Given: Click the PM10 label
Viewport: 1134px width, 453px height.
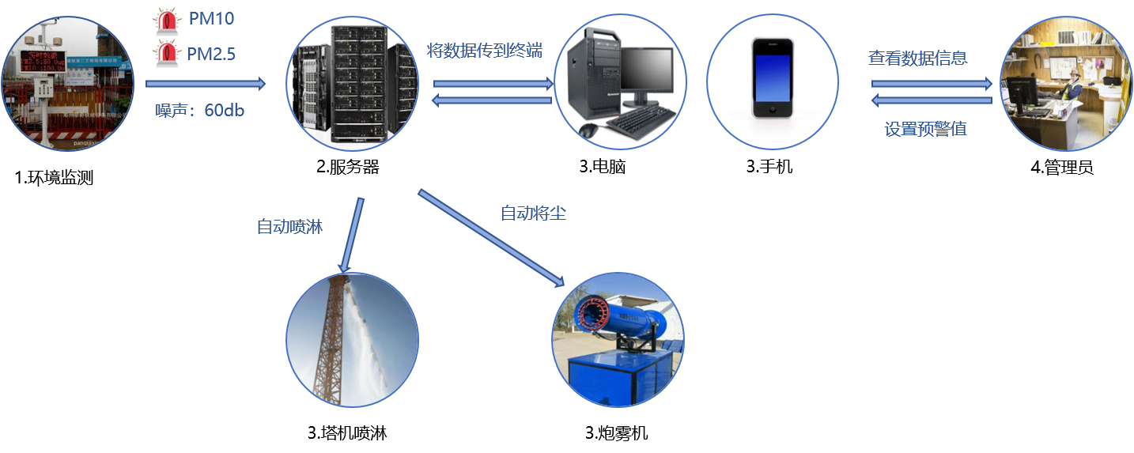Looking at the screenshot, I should [211, 17].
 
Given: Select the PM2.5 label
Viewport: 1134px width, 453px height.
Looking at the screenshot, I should [211, 54].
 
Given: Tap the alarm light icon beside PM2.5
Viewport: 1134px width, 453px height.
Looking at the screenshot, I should [167, 53].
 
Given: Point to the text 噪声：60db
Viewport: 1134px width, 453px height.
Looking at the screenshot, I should [200, 111].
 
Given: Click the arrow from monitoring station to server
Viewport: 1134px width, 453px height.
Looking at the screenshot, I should [206, 82].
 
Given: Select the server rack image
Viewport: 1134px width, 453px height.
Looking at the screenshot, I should [352, 84].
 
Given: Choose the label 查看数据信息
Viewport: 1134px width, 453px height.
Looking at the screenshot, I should [917, 58].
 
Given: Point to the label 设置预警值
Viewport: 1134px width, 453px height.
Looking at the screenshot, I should [925, 129].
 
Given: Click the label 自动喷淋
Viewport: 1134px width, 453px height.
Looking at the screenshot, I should [289, 227].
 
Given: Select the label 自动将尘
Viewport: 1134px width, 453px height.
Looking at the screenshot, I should [534, 213].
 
